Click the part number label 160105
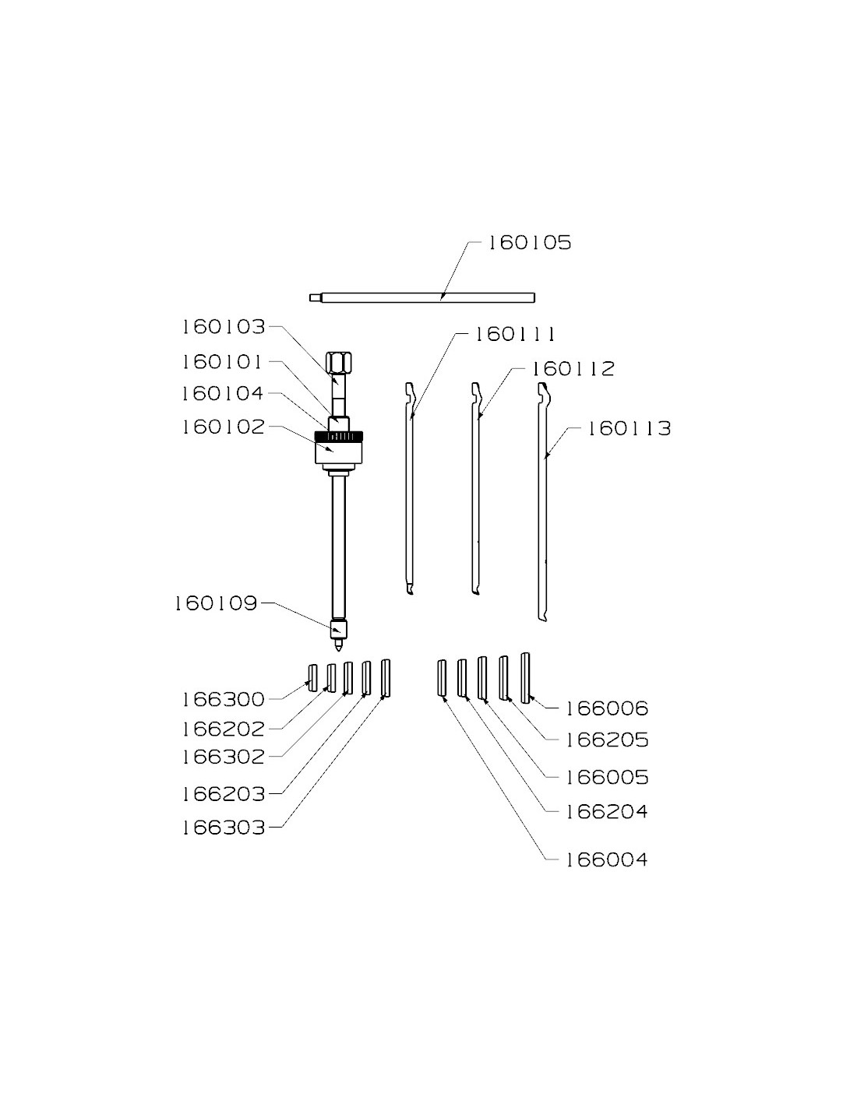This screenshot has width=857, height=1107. [x=530, y=242]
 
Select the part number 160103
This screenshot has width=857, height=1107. [x=224, y=326]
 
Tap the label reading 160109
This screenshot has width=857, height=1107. [x=216, y=603]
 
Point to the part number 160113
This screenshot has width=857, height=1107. [x=629, y=428]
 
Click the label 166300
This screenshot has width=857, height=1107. [x=224, y=699]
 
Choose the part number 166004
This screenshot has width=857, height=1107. [x=607, y=860]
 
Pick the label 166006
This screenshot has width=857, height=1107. [x=607, y=708]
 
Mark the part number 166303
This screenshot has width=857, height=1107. [x=224, y=828]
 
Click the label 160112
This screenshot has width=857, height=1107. [x=573, y=369]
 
